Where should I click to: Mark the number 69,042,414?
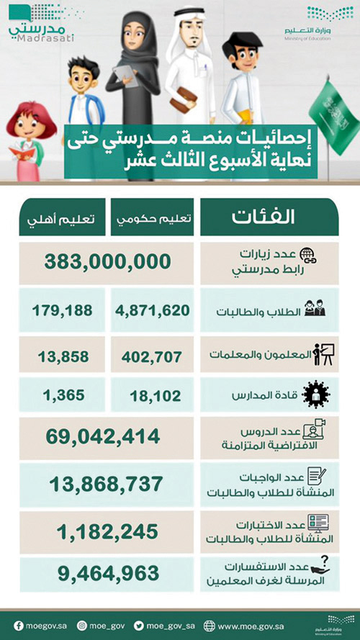coord(104,436)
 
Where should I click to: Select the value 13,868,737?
coord(104,484)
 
